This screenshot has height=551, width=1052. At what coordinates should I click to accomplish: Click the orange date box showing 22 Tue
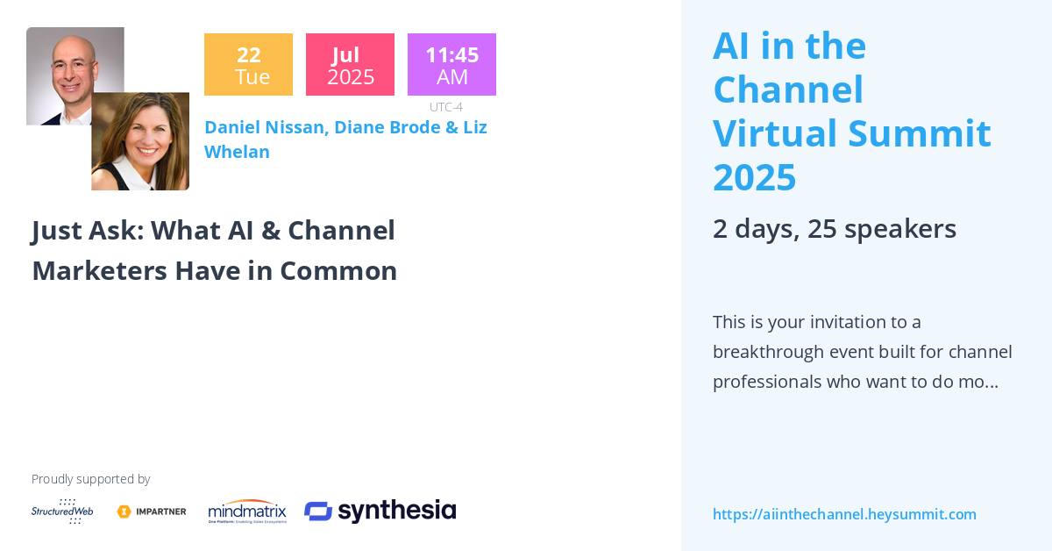(x=248, y=65)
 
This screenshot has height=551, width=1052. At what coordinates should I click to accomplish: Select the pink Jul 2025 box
(x=350, y=65)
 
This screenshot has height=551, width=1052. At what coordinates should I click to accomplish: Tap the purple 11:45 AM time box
(x=451, y=65)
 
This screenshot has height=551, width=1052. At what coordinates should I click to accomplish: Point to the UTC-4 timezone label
(x=445, y=107)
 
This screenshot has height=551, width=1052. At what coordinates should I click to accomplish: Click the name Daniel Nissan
(x=267, y=127)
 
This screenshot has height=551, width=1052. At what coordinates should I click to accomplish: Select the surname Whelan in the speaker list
(x=237, y=152)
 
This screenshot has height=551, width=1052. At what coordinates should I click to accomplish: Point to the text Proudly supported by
(x=90, y=479)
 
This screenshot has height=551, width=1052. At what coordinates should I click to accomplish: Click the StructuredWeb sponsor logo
(x=62, y=511)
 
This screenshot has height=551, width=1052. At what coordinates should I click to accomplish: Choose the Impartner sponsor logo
(x=152, y=512)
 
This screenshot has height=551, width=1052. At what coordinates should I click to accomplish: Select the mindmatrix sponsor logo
(x=247, y=511)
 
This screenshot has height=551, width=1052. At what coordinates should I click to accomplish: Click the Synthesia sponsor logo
(x=380, y=511)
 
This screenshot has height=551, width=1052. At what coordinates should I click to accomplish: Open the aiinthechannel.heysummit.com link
(x=844, y=514)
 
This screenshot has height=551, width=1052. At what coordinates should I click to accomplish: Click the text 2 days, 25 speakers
(x=834, y=229)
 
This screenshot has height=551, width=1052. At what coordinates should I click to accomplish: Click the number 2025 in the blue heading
(x=754, y=178)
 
